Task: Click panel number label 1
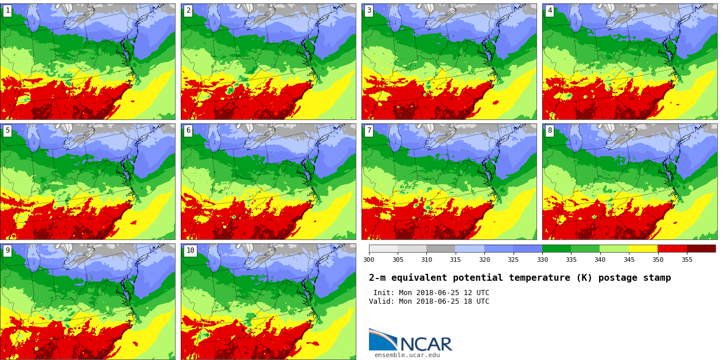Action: pos(7,11)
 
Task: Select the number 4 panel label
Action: pos(550,11)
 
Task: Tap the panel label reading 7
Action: pos(369,131)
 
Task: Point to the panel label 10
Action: pos(190,251)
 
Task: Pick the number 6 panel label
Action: pos(188,131)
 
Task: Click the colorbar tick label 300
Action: pos(368,260)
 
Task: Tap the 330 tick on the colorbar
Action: pos(542,260)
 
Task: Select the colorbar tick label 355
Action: pos(686,260)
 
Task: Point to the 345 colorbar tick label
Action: pos(628,260)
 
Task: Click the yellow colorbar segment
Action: pos(643,249)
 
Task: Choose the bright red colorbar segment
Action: pos(672,249)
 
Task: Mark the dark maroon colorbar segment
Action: pos(701,249)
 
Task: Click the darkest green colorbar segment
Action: pos(556,249)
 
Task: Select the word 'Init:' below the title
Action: pos(384,293)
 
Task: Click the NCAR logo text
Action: pos(426,344)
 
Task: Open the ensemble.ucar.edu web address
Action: pos(407,355)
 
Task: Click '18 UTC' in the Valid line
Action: pos(475,301)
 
